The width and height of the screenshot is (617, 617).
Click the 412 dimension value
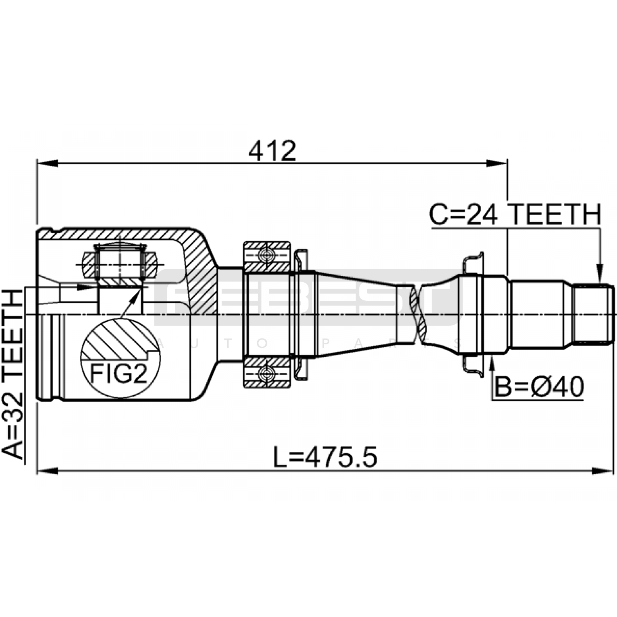(x=272, y=151)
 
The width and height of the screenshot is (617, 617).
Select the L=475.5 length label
(x=325, y=457)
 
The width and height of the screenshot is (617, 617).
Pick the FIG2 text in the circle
(x=119, y=373)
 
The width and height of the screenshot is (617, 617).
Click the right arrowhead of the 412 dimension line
(x=497, y=163)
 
